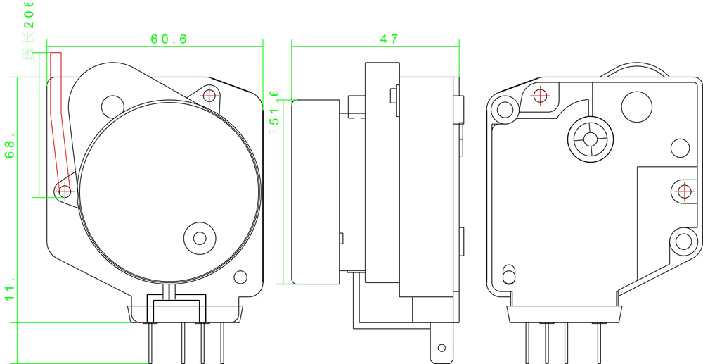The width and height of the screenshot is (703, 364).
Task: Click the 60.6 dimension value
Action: pos(169,39)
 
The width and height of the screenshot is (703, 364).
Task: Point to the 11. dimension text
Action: pos(10,293)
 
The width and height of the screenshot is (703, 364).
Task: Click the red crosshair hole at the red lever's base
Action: pos(65,190)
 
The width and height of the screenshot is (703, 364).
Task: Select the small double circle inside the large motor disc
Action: pos(199,238)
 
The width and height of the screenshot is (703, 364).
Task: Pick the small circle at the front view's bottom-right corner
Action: pos(240,277)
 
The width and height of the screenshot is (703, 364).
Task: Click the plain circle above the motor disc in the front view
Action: pos(112,106)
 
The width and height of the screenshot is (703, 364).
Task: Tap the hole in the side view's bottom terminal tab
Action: pos(441,348)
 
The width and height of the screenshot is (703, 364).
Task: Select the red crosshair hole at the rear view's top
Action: pos(540,94)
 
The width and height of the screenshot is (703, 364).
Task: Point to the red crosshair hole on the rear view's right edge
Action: pos(683,191)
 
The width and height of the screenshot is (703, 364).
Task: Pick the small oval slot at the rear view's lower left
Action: pos(509,273)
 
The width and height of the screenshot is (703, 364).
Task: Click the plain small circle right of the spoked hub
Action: pos(680,148)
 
